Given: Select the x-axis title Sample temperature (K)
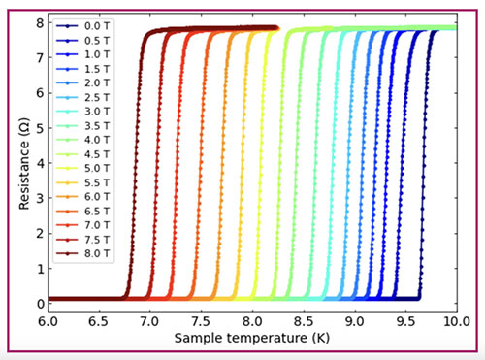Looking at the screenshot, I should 252,339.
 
